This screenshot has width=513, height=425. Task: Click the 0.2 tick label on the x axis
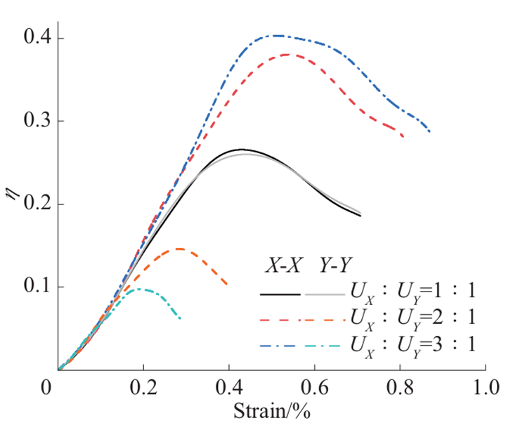click(x=144, y=388)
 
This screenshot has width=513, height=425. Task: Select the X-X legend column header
click(x=282, y=266)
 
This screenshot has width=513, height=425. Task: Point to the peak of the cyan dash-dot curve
click(x=138, y=289)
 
